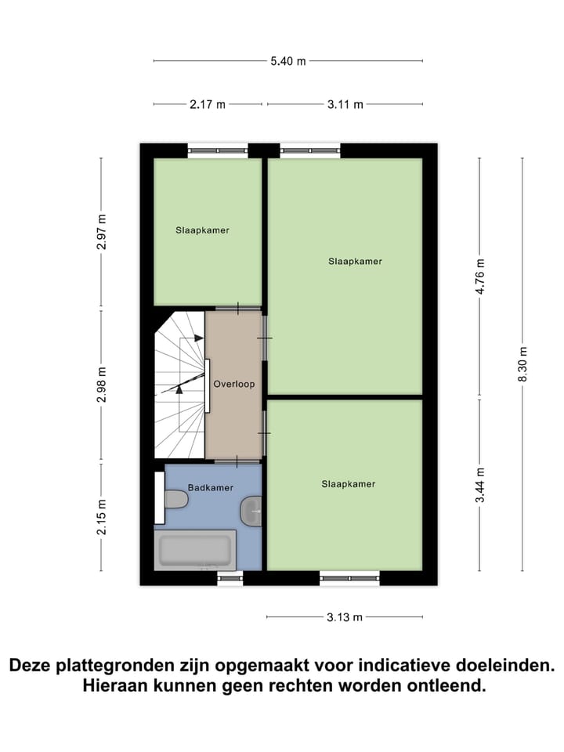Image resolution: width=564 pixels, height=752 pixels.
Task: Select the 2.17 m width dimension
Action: coord(208,104)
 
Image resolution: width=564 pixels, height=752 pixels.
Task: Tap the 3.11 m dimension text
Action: coord(345,104)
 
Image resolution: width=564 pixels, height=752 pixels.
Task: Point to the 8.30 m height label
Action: coord(522,364)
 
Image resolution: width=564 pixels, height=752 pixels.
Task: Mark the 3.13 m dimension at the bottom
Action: coord(345,617)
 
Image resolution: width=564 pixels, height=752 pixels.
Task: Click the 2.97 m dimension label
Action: coord(101,232)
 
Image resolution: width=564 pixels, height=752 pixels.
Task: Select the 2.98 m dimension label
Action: coord(101,385)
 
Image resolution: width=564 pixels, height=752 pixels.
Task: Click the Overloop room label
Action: coord(233,385)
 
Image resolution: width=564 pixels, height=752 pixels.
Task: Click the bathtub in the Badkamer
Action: coord(194,550)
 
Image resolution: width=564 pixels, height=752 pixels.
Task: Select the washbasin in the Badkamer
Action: coord(251,510)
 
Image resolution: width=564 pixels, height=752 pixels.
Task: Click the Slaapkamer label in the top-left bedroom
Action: coord(202,230)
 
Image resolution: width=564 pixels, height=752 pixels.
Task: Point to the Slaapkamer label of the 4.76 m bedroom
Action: coord(355,261)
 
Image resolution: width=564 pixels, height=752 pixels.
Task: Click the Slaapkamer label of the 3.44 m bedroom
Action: coord(348,484)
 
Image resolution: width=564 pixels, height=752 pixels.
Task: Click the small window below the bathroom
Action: coord(230,579)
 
